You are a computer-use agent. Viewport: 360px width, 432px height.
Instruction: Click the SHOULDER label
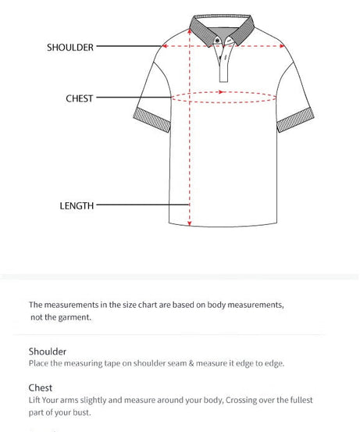pos(70,47)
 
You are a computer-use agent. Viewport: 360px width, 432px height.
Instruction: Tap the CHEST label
pos(79,98)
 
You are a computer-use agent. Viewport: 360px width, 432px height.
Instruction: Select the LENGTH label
pos(77,205)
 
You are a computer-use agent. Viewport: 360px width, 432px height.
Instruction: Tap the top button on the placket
pos(223,44)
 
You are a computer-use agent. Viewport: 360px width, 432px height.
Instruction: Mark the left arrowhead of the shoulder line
pos(163,46)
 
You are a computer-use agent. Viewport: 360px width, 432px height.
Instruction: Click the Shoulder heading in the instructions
pos(48,352)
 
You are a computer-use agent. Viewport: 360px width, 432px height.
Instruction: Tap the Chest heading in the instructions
pos(41,387)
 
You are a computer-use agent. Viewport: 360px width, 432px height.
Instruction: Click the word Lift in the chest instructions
pos(36,400)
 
